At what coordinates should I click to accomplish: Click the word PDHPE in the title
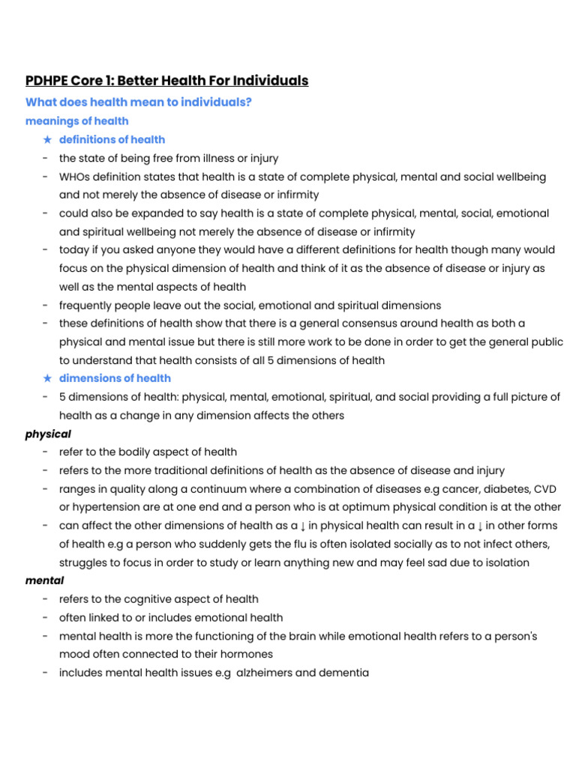[x=46, y=81]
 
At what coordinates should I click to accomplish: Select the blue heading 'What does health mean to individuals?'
[x=139, y=103]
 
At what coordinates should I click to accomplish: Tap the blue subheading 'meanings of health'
[x=76, y=121]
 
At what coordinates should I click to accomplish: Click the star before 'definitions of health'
[x=47, y=140]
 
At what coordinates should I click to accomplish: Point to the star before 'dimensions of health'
[x=47, y=378]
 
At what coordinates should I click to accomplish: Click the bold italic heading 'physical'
[x=48, y=434]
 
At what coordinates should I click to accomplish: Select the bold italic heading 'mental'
[x=45, y=580]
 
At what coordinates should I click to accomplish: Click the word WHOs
[x=76, y=178]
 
